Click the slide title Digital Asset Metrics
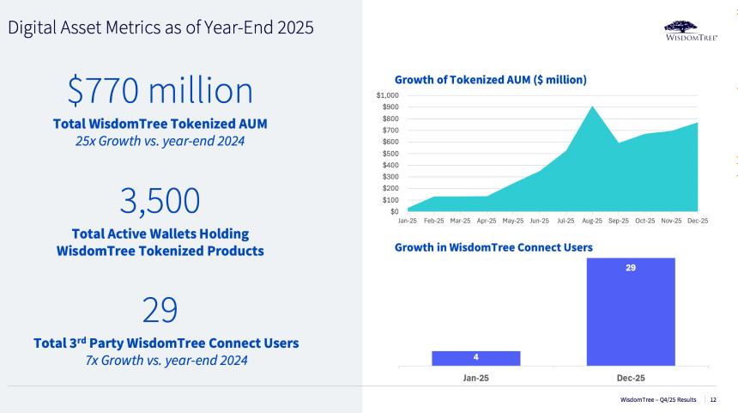click(160, 27)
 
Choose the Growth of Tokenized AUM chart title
click(490, 80)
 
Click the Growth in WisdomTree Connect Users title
click(493, 247)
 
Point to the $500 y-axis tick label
click(390, 153)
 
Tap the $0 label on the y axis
click(394, 211)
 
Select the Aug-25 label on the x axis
click(593, 221)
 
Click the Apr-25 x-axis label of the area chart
click(487, 221)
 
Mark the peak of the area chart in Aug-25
click(592, 107)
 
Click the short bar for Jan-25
click(475, 358)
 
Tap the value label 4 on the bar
click(475, 357)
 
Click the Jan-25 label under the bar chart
click(475, 378)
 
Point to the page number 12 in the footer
click(715, 401)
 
